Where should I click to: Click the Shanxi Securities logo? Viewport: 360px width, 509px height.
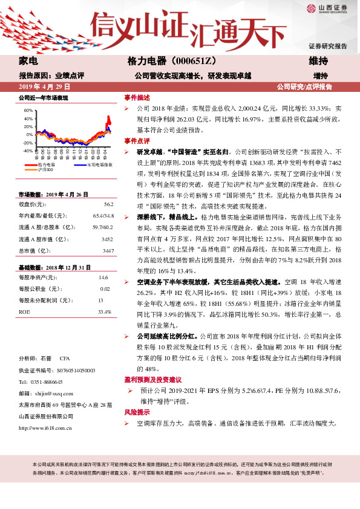tap(327, 8)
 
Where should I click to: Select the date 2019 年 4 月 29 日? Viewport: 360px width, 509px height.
tap(45, 87)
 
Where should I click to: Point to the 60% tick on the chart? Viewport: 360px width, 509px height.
tap(28, 111)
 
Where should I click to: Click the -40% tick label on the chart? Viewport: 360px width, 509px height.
tap(27, 151)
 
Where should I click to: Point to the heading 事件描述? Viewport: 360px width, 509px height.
tap(137, 97)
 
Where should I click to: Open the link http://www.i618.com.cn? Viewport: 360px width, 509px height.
tap(46, 428)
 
